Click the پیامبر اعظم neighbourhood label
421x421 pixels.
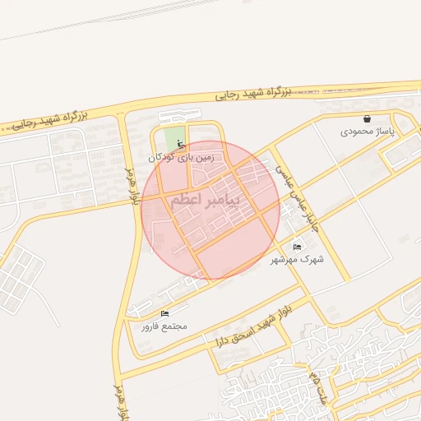click(206, 200)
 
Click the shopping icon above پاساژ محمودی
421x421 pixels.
click(366, 118)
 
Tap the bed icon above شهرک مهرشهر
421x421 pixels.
click(297, 247)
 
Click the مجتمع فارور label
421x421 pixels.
click(164, 326)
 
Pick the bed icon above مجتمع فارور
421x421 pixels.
click(165, 313)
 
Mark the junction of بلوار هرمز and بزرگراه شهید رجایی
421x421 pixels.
click(121, 113)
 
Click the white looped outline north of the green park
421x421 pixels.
click(179, 116)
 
